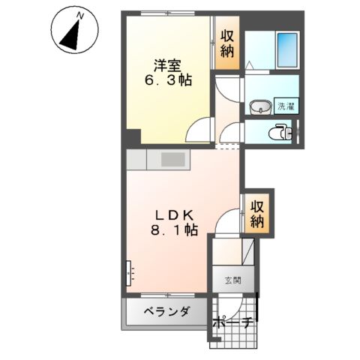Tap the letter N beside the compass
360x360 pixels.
pos(82,13)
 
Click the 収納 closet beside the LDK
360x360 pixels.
pos(258,212)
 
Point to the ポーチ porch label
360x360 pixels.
pos(232,324)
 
